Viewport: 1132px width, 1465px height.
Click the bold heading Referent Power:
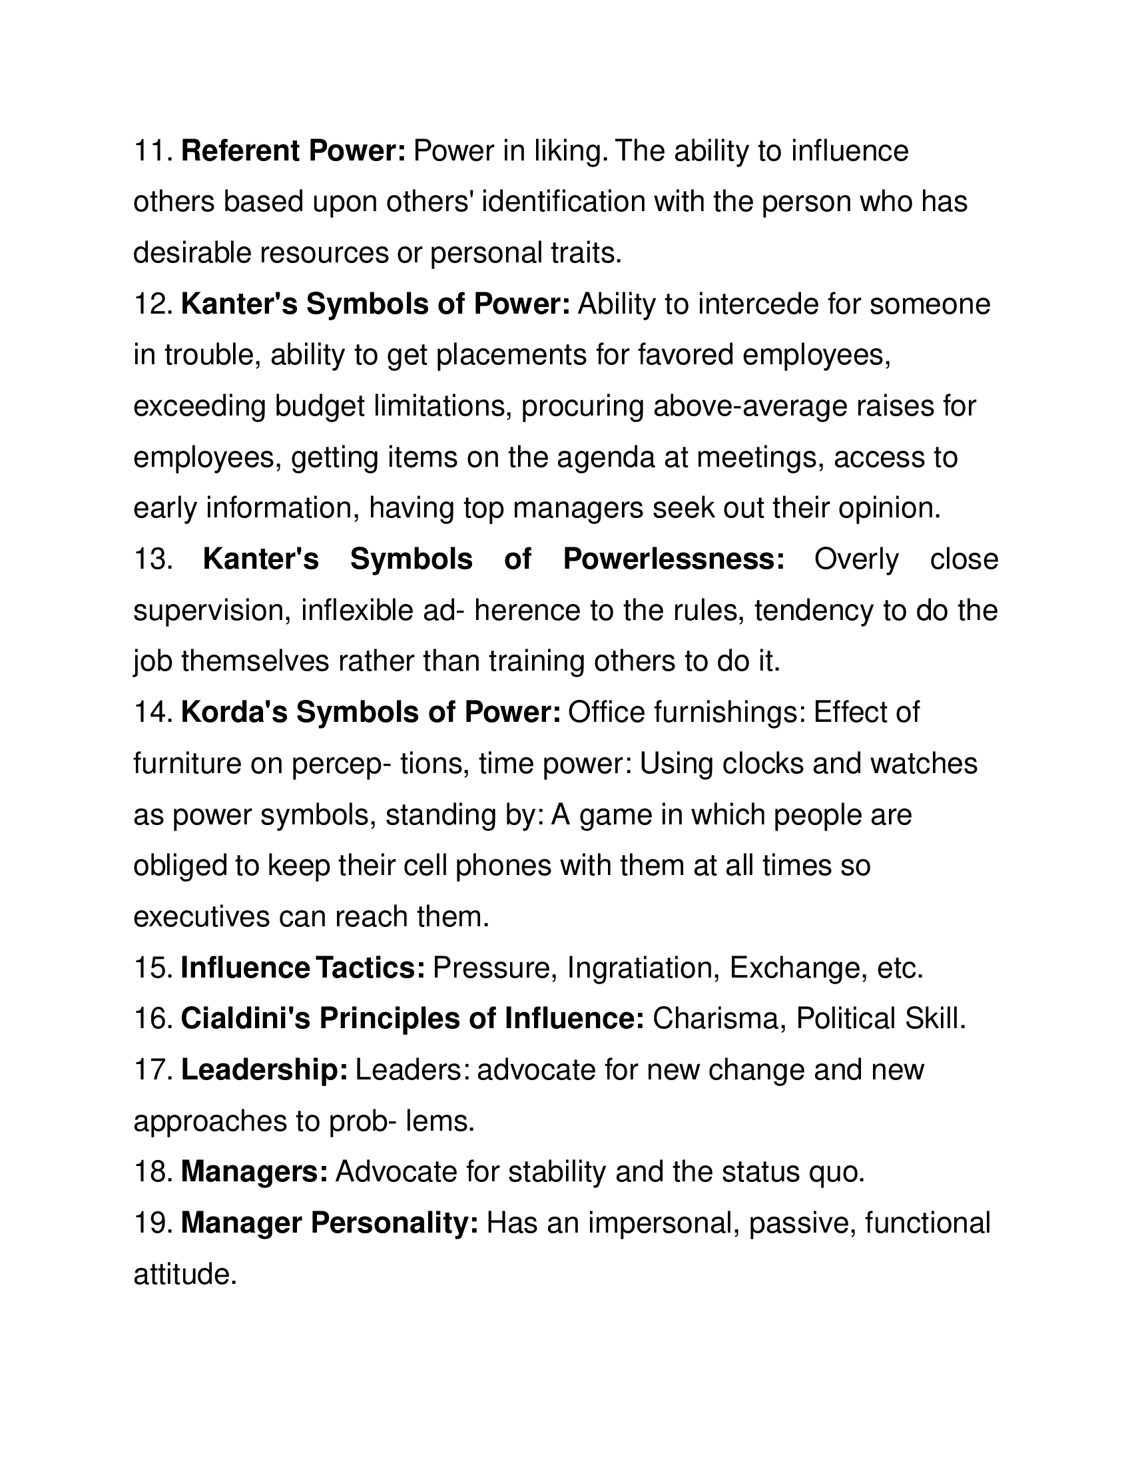(x=293, y=152)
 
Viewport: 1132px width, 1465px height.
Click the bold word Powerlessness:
(x=673, y=559)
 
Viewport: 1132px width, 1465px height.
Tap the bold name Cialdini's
(x=246, y=1019)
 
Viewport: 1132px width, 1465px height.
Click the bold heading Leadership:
(x=264, y=1070)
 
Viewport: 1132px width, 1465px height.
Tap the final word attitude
(x=186, y=1275)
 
